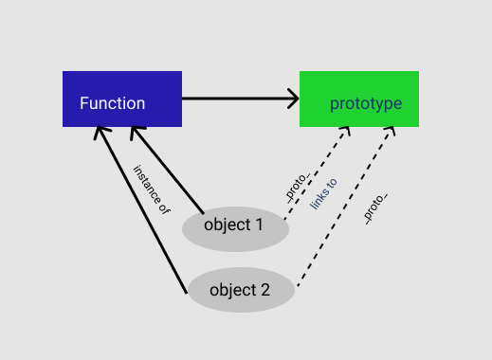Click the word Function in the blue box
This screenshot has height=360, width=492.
112,103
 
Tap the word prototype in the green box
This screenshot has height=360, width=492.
366,103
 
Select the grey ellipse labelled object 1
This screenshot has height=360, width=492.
235,228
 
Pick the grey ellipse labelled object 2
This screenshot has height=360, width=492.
241,290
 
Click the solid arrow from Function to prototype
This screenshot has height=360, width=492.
237,98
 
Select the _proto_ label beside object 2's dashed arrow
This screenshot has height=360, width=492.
376,207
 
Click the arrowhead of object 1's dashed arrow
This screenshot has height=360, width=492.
347,129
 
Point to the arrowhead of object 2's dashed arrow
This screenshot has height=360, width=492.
391,129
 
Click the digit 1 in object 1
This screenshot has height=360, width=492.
259,225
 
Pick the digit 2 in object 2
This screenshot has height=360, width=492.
265,290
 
